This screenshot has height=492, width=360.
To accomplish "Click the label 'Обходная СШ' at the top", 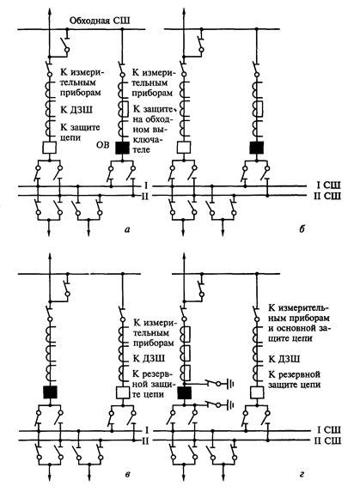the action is pos(100,21).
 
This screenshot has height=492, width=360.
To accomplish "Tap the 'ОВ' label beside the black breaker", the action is pos(104,144).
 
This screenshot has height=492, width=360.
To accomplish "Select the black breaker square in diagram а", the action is pos(122,148).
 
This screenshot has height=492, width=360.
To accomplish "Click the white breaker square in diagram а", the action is pos(50,148).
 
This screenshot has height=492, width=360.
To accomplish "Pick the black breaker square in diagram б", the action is pos(257,148).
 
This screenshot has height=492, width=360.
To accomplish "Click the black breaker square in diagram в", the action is pos(50,392).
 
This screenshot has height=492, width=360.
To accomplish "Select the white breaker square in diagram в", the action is pos(122,392).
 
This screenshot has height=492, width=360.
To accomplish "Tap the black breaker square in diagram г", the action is pos(184,392).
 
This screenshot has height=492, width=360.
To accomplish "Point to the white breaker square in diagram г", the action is pos(257,392).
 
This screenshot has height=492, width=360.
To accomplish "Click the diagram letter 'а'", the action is pos(127,229).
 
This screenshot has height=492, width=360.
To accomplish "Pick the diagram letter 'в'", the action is pos(127,474).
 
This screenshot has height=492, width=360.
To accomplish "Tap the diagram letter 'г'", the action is pos(302,474).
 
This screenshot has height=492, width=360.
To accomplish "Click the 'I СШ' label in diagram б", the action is pos(327,185).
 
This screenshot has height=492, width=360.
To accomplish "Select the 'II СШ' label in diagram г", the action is pos(327,440).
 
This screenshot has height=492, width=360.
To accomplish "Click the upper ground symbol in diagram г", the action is pos(231,384).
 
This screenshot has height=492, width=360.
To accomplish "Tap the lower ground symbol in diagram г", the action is pos(231,405).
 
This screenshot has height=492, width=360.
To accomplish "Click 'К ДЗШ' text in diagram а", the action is pos(76,110).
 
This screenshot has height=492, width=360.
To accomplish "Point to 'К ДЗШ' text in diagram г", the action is pos(284,359).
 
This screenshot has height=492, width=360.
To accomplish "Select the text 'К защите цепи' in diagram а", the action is pos(80,132).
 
